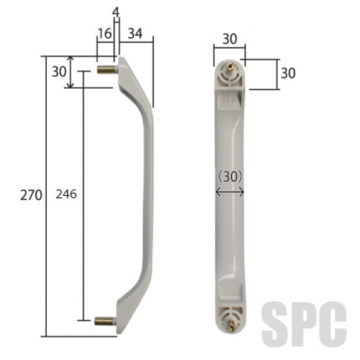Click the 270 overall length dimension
(31, 196)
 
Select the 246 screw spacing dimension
(66, 194)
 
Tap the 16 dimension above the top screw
(104, 33)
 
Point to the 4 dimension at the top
(116, 13)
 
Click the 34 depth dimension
(135, 33)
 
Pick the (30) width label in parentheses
(230, 177)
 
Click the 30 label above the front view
(230, 39)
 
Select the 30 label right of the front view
(288, 73)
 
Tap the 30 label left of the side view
(59, 71)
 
